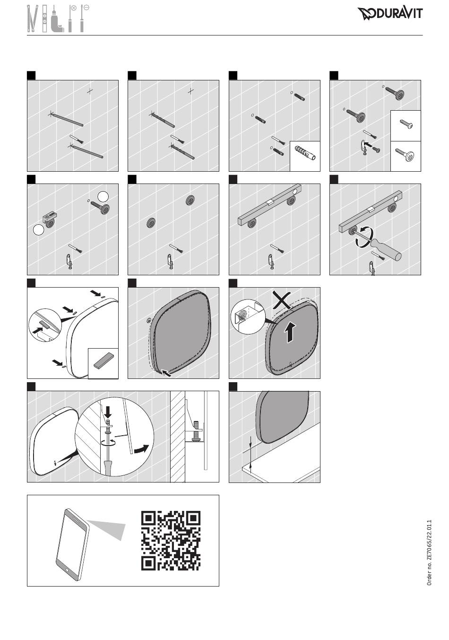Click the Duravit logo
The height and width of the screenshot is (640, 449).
[390, 14]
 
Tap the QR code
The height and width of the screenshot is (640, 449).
[171, 541]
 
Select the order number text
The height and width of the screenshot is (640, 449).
[429, 552]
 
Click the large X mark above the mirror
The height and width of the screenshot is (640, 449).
[282, 300]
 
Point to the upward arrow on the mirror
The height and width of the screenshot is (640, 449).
[290, 332]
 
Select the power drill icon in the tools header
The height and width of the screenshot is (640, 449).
[58, 22]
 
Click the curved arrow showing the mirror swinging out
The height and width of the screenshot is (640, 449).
[142, 448]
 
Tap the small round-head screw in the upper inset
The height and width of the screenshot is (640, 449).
[406, 124]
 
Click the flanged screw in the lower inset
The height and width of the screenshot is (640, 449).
[405, 155]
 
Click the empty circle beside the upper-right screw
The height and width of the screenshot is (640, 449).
[103, 197]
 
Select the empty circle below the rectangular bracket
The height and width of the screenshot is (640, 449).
[39, 230]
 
